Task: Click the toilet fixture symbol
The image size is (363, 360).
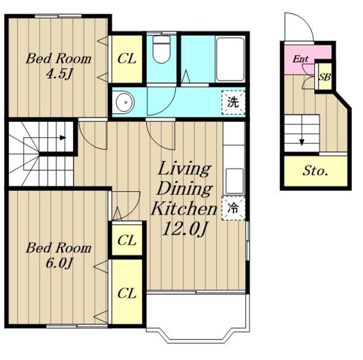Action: click(161, 49)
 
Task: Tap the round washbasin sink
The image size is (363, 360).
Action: click(125, 102)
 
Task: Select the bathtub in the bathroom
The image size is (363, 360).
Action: click(230, 59)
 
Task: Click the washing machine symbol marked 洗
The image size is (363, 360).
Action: click(233, 102)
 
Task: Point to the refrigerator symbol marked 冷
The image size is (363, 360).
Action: click(233, 208)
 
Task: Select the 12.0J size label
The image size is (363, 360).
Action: click(184, 229)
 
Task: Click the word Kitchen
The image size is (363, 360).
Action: click(184, 208)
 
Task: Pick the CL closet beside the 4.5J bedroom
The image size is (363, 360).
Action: click(127, 59)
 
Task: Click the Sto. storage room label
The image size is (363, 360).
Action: click(315, 171)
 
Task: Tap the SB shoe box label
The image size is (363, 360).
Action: click(324, 77)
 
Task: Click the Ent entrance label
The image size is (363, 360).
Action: click(301, 59)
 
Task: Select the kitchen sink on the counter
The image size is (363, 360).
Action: click(235, 181)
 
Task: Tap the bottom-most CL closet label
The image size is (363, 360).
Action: click(126, 293)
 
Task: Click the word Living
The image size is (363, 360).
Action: click(184, 170)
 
